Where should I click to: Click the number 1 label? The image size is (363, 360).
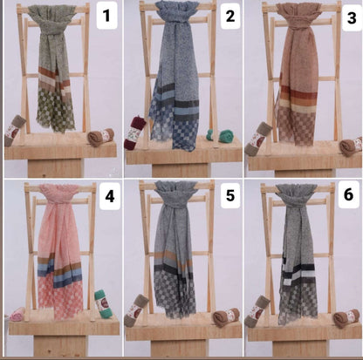coord(106,15)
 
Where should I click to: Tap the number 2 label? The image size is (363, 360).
coord(229,15)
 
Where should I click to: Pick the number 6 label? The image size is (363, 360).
coord(347,195)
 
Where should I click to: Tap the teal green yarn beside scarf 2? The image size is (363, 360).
coord(225,135)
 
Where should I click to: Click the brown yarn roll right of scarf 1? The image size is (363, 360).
coord(100,136)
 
